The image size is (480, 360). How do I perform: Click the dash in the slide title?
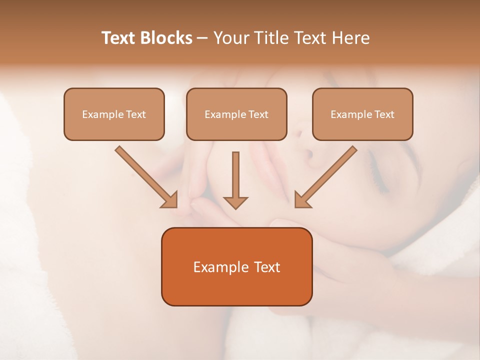tap(202, 38)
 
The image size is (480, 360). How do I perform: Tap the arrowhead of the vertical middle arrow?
tap(235, 202)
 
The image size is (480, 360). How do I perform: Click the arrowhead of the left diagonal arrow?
tap(170, 200)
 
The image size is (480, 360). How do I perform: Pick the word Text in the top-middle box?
tap(258, 114)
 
